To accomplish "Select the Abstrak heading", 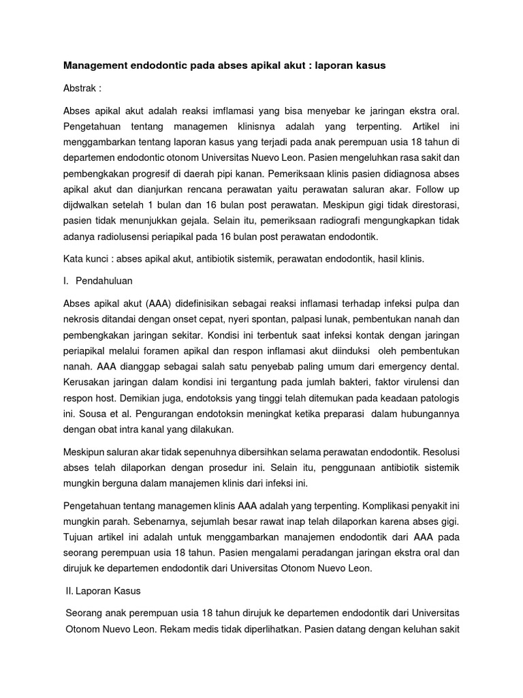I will coord(80,88).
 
